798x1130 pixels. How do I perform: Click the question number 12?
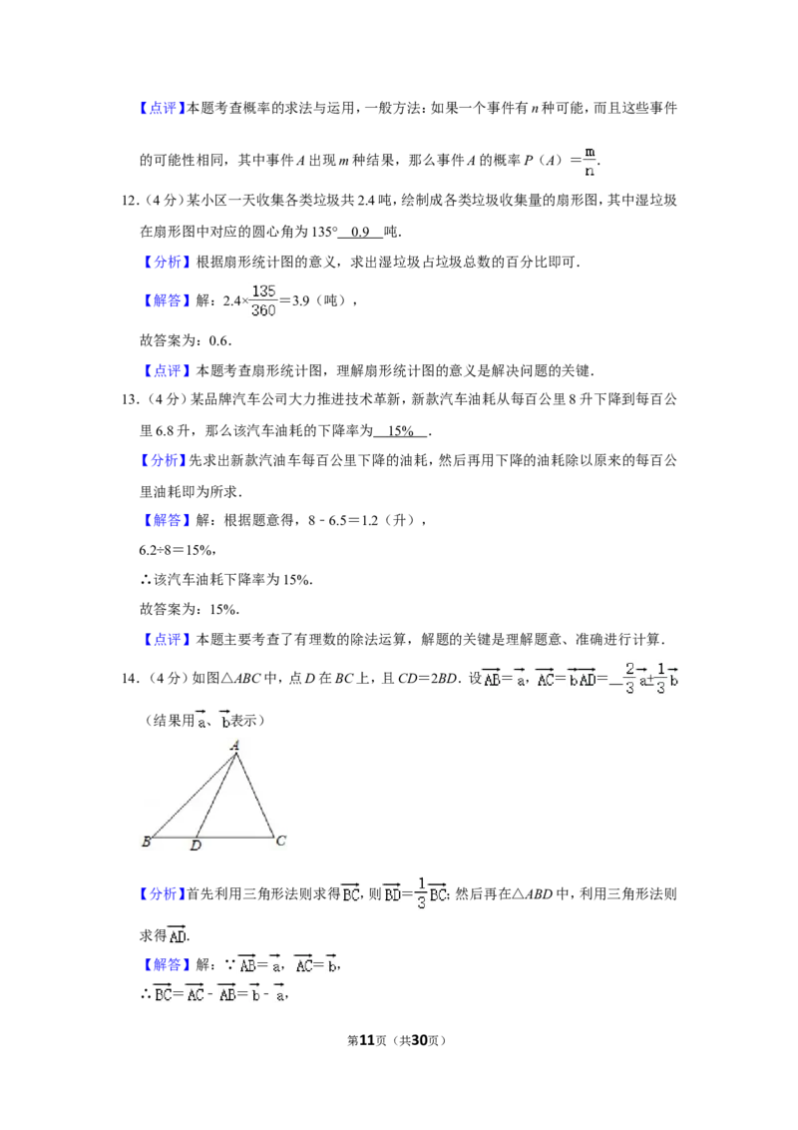130,201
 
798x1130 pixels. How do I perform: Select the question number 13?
130,399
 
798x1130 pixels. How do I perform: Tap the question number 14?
130,678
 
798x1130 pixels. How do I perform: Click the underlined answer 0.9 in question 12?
360,232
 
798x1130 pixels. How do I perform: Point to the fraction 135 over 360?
263,300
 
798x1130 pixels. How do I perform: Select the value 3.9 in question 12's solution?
300,301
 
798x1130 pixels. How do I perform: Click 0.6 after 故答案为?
218,340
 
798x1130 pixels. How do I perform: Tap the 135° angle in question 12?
324,232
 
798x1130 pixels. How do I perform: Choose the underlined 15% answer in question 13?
400,431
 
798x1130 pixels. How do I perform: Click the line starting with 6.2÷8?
178,551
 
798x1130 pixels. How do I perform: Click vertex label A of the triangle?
234,746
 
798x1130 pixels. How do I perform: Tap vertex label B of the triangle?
147,842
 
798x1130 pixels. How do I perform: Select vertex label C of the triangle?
281,841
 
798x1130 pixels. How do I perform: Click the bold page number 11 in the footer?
367,1040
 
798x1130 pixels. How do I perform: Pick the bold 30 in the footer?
419,1040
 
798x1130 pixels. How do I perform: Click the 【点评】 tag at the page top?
162,108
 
